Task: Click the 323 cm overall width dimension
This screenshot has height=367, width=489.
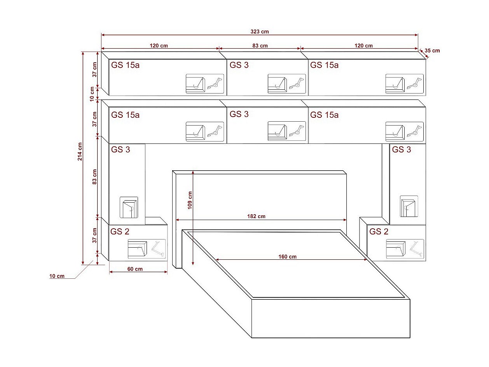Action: pyautogui.click(x=260, y=31)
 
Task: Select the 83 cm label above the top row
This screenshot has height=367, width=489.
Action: pyautogui.click(x=260, y=45)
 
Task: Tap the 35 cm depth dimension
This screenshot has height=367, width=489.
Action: pyautogui.click(x=432, y=51)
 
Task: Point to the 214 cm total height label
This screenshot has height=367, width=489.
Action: pyautogui.click(x=80, y=152)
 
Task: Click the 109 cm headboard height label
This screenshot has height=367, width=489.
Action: pyautogui.click(x=190, y=200)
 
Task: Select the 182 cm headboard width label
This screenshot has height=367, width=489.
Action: pyautogui.click(x=257, y=216)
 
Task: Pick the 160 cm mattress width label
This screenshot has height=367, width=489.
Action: pyautogui.click(x=287, y=256)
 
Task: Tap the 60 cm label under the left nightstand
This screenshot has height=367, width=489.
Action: pyautogui.click(x=134, y=269)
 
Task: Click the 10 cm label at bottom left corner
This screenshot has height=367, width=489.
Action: pyautogui.click(x=57, y=276)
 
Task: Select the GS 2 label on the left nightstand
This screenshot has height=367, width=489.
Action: pyautogui.click(x=120, y=232)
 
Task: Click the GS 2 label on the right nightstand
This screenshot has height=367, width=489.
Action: pyautogui.click(x=379, y=232)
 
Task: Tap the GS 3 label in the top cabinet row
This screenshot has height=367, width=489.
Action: pyautogui.click(x=239, y=65)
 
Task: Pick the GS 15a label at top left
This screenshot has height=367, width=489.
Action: pyautogui.click(x=125, y=65)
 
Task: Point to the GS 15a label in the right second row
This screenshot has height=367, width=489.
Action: pyautogui.click(x=324, y=115)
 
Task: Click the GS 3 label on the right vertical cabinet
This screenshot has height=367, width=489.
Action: pyautogui.click(x=402, y=149)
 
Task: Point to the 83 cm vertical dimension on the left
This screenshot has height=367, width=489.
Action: pyautogui.click(x=94, y=177)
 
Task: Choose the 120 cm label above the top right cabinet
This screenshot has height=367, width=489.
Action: pyautogui.click(x=363, y=45)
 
